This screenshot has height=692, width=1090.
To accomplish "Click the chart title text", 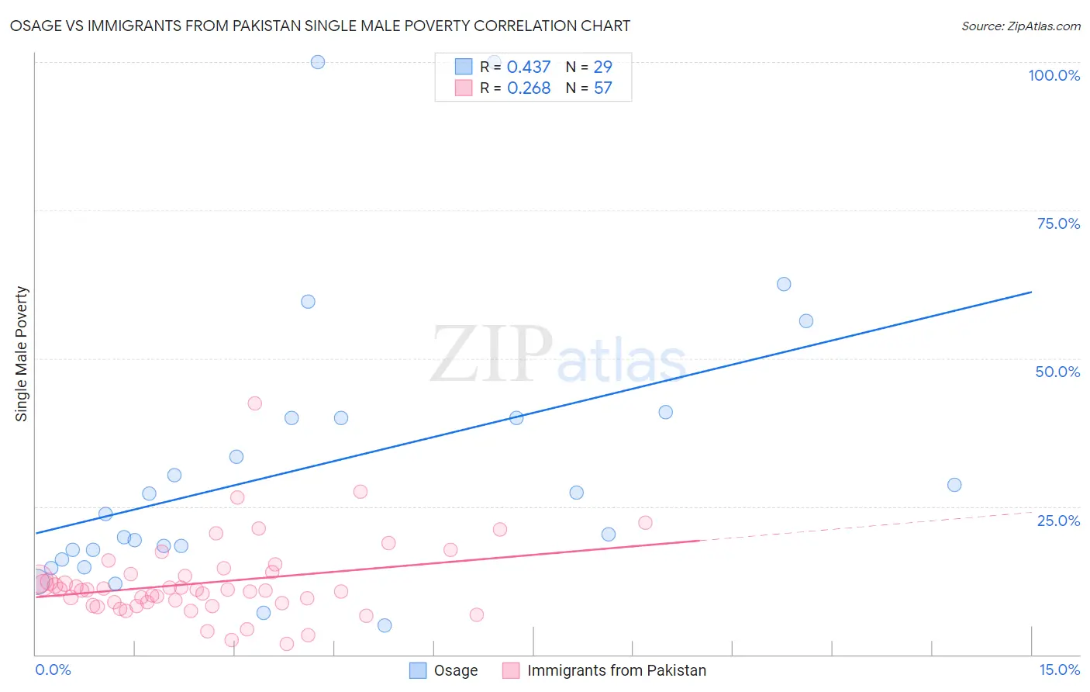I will [319, 26].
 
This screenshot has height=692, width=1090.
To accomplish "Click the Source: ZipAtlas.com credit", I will [1020, 26].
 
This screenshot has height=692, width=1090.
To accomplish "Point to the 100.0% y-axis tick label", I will [1054, 75].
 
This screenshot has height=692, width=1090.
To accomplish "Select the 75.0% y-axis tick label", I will [1058, 223].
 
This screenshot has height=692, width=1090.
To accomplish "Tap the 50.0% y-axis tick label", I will [1057, 372].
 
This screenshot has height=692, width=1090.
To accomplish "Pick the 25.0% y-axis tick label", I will [1058, 520].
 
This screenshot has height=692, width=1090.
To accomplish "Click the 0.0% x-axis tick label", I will [53, 670].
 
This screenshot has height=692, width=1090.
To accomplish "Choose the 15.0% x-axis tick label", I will [1059, 670].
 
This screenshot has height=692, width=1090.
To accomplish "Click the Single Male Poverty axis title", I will [22, 354].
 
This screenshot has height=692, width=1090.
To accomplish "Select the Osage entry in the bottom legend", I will [455, 670].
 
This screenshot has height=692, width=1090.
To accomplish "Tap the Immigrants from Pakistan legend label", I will [616, 670].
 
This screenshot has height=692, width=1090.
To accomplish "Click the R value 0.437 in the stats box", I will [529, 67].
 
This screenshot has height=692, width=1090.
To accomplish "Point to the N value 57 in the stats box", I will [602, 88].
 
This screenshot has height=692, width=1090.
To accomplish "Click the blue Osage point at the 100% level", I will [318, 62].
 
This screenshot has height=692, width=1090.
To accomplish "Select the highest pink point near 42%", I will [254, 403].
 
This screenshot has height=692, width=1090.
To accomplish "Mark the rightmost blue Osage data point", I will [954, 485].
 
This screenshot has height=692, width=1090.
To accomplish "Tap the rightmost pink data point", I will [645, 523].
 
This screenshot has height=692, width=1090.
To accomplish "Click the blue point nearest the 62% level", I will [784, 284].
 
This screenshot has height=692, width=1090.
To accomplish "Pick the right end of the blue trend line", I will [1031, 292].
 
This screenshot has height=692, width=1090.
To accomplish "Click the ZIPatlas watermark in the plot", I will [558, 355].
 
